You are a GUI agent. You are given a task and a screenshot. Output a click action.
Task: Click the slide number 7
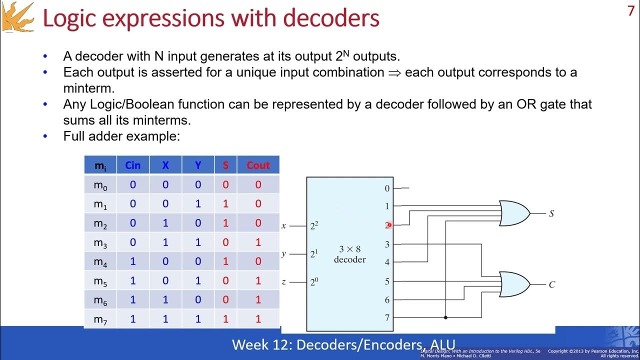[x=630, y=11]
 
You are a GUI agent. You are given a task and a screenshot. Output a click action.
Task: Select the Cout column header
[x=258, y=165]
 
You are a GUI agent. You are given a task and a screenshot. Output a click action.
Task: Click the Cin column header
[x=132, y=165]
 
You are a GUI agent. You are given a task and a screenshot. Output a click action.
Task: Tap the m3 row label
[x=100, y=242]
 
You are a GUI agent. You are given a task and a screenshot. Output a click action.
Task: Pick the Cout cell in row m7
[x=258, y=318]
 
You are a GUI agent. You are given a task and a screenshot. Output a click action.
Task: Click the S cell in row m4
[x=225, y=261]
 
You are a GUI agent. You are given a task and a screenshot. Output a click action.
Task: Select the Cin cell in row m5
[x=132, y=280]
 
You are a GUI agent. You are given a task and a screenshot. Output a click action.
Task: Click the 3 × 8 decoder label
[x=349, y=254]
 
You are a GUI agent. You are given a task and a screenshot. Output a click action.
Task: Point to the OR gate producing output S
[x=514, y=213]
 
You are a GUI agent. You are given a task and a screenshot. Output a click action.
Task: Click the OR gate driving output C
[x=514, y=284]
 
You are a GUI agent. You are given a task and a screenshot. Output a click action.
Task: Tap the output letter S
[x=551, y=214]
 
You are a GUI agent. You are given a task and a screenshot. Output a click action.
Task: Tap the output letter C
[x=551, y=285]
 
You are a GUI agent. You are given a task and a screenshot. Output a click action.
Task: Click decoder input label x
[x=283, y=225]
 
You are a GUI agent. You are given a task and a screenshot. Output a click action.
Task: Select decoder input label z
[x=283, y=282]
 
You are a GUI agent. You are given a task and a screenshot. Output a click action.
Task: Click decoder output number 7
[x=387, y=317]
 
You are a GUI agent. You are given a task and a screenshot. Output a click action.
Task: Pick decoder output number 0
[x=387, y=188]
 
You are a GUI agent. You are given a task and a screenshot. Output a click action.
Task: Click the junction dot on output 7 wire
[x=445, y=317]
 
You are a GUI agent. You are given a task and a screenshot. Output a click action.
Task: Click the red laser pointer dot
[x=389, y=225]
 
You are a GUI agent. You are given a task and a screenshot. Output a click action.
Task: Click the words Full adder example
[x=121, y=135]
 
